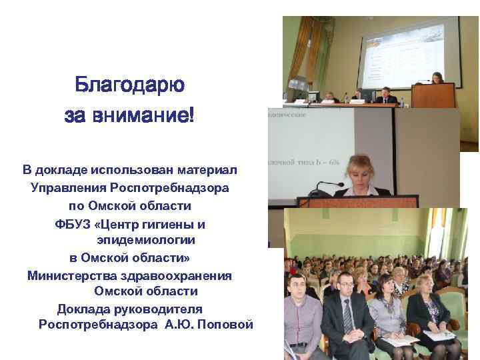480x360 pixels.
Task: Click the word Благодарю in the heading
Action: pos(130,85)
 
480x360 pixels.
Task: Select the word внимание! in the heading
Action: pos(150,115)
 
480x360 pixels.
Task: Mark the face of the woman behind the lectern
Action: pos(437,77)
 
